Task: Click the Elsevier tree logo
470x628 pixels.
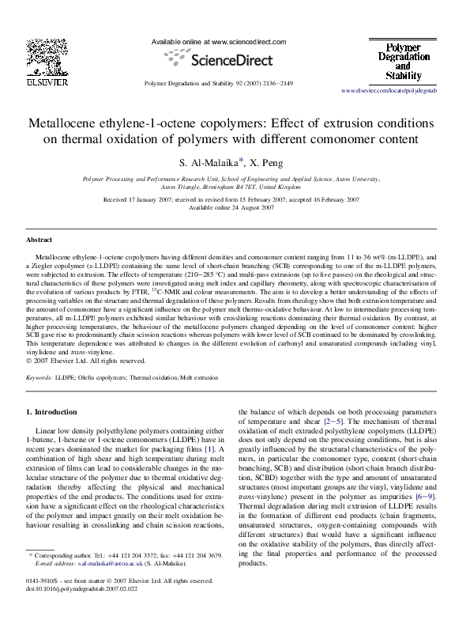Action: pyautogui.click(x=38, y=57)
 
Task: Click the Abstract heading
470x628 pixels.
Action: pyautogui.click(x=39, y=239)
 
